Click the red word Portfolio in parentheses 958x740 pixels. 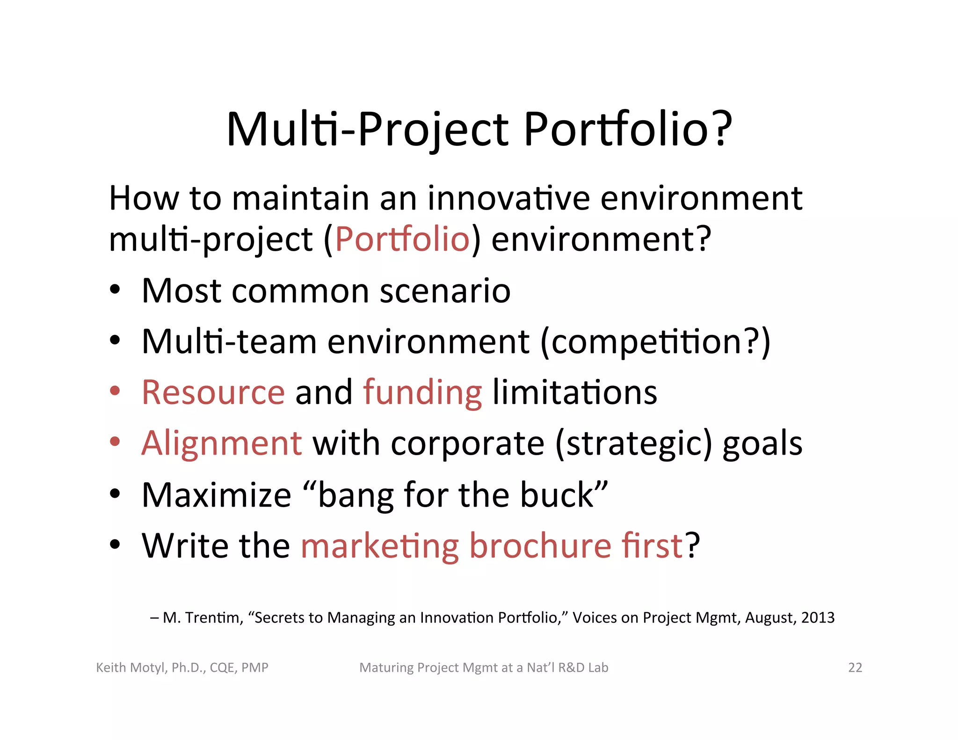click(x=402, y=239)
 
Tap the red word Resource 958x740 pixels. click(x=213, y=392)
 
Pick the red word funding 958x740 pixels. click(x=422, y=393)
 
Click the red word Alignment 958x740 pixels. click(x=222, y=443)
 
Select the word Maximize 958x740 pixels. click(x=217, y=495)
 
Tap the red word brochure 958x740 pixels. click(x=540, y=545)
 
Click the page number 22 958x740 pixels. click(x=855, y=667)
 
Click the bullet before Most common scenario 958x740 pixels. click(x=115, y=290)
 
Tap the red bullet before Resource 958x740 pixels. click(x=115, y=391)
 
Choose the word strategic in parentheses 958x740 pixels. click(x=633, y=443)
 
